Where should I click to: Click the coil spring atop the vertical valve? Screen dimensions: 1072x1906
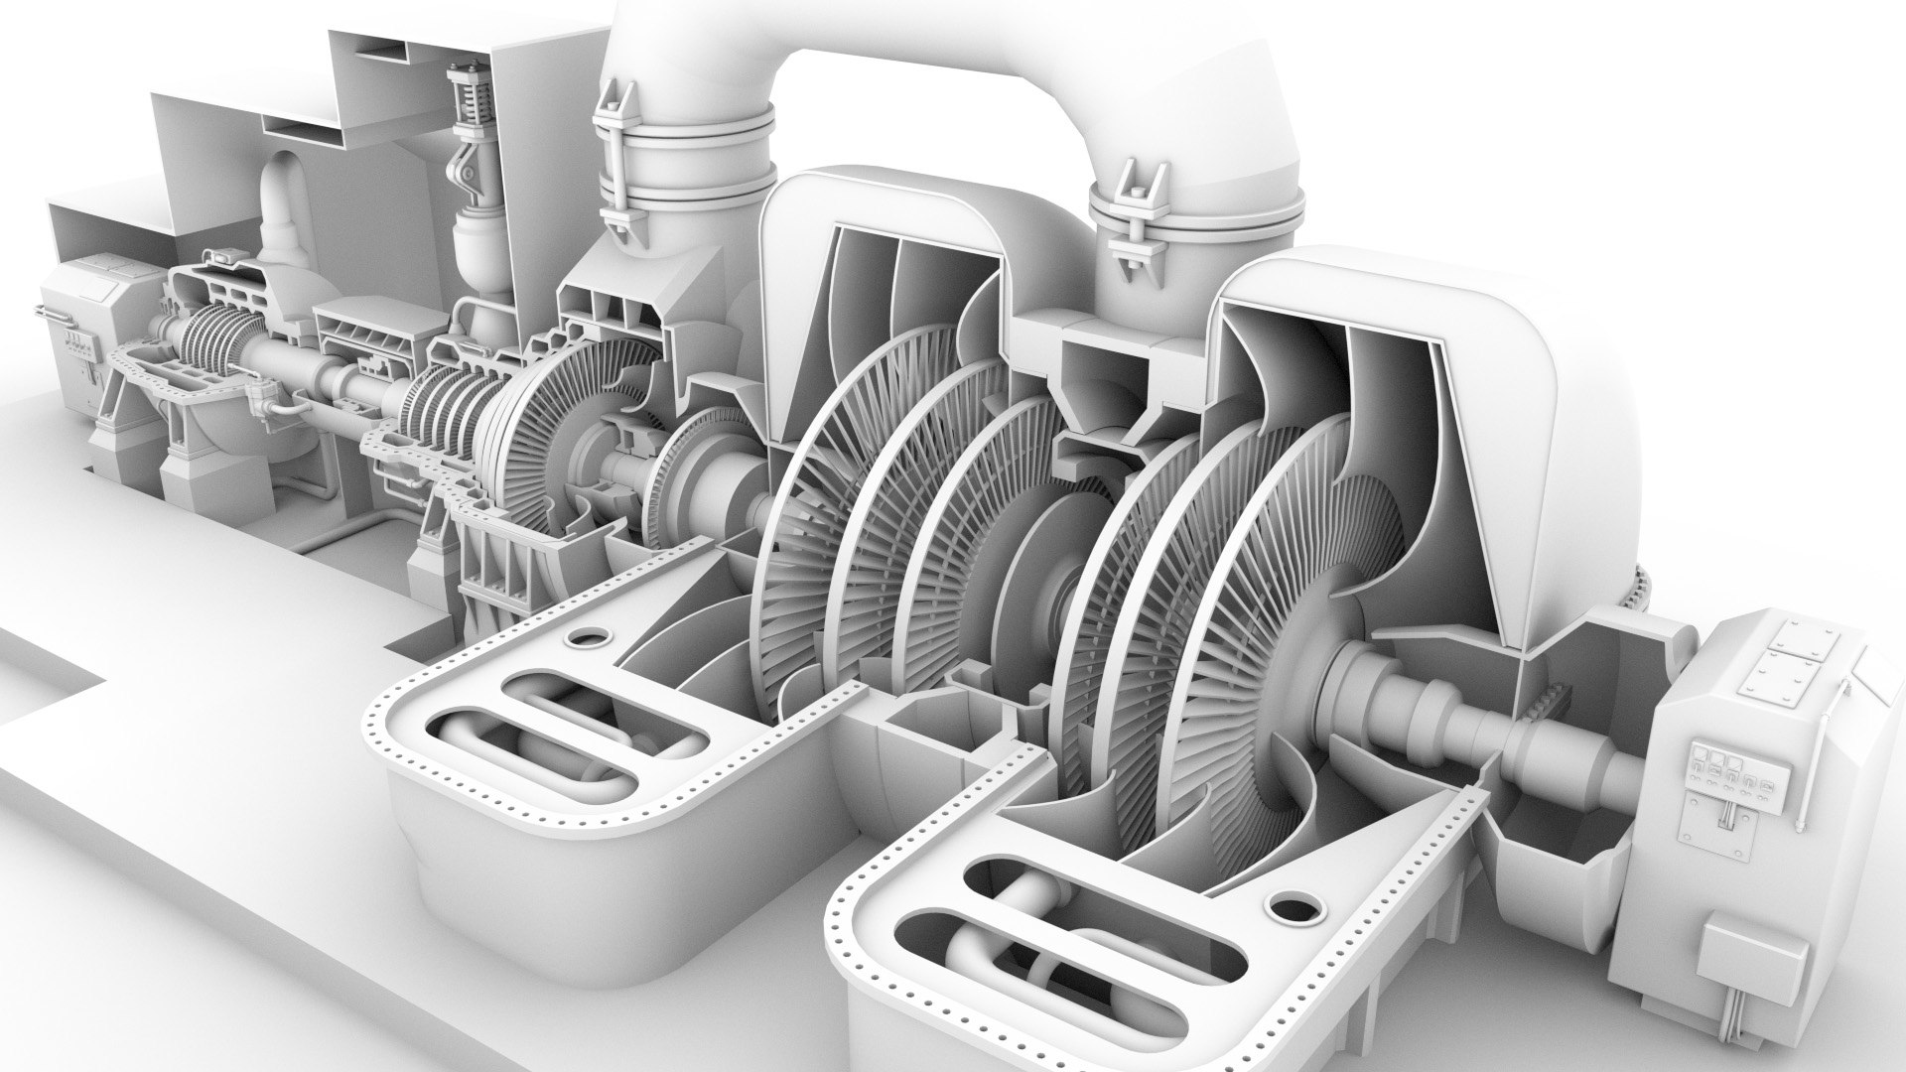click(x=464, y=99)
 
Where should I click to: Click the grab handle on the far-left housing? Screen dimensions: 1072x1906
click(x=54, y=316)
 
